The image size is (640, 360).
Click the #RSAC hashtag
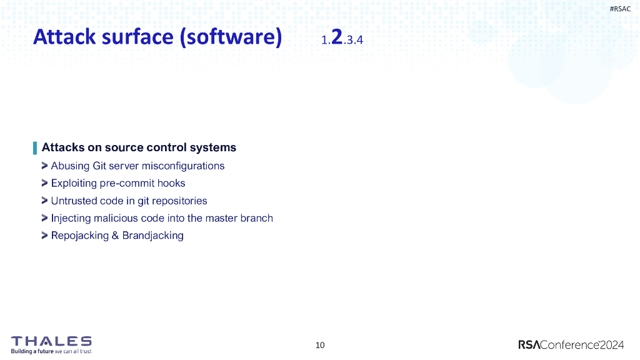620,9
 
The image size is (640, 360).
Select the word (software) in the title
231,37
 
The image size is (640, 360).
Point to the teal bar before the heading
35,148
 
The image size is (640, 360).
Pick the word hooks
172,184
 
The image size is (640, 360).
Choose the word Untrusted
74,201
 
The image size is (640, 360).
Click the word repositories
177,201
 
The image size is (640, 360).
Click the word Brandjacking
153,236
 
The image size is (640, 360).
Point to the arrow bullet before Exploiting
45,183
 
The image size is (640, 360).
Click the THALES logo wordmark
51,341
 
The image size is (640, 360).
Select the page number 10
320,345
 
